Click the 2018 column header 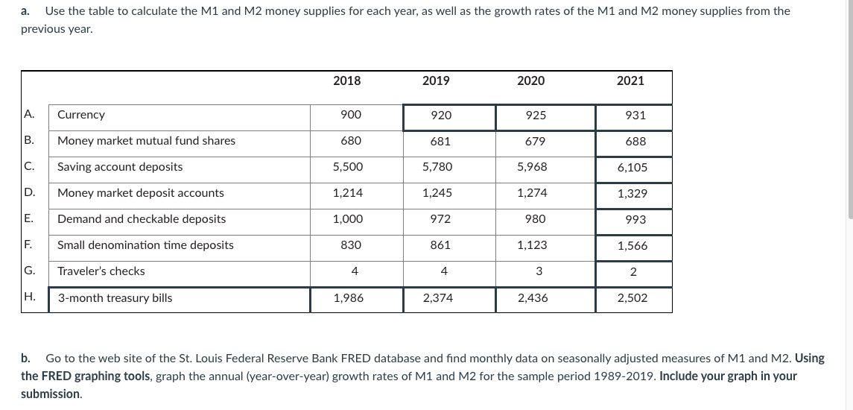pyautogui.click(x=346, y=81)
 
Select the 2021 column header pyautogui.click(x=630, y=81)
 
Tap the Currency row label pyautogui.click(x=81, y=115)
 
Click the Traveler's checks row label pyautogui.click(x=101, y=271)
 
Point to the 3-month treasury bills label pyautogui.click(x=115, y=298)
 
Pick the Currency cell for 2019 pyautogui.click(x=440, y=116)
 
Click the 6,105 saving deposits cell pyautogui.click(x=632, y=168)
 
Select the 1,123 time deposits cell pyautogui.click(x=532, y=245)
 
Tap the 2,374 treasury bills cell pyautogui.click(x=437, y=298)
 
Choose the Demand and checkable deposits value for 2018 pyautogui.click(x=346, y=219)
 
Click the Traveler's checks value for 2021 pyautogui.click(x=632, y=272)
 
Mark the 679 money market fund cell pyautogui.click(x=535, y=141)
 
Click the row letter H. pyautogui.click(x=29, y=297)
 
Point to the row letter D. pyautogui.click(x=29, y=192)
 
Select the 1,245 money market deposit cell pyautogui.click(x=437, y=193)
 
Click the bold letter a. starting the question pyautogui.click(x=26, y=11)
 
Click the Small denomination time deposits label pyautogui.click(x=145, y=245)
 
